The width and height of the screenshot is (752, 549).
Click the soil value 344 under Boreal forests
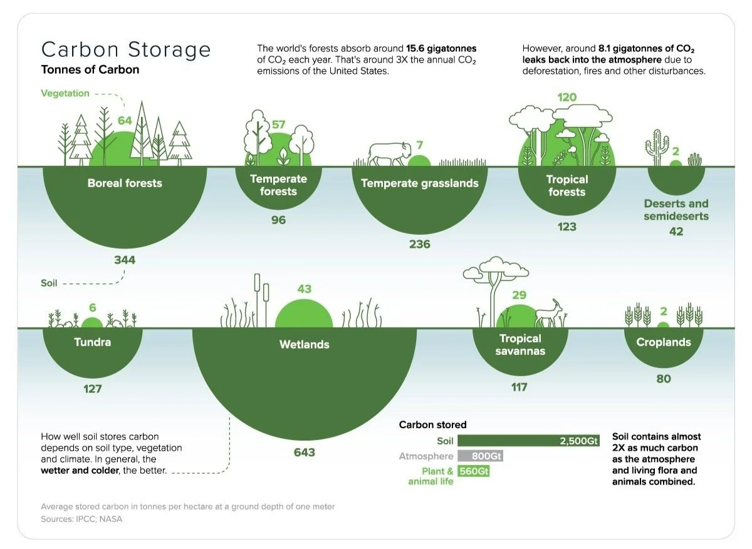(125, 260)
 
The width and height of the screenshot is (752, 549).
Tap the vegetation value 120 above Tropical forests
(567, 98)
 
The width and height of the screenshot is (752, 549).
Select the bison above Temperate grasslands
(390, 153)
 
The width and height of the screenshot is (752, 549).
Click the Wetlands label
(304, 344)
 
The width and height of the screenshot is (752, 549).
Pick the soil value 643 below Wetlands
(304, 452)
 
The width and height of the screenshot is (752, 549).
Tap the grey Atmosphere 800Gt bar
(480, 456)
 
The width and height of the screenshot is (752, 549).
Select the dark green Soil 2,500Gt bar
(528, 441)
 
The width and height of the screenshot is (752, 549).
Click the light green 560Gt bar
(474, 471)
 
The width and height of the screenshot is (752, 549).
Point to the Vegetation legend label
(65, 93)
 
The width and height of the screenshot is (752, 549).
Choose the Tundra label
(92, 342)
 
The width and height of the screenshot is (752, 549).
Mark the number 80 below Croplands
(664, 379)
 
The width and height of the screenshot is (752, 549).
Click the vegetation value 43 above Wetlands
(304, 289)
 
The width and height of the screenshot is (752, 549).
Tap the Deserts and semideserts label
(676, 210)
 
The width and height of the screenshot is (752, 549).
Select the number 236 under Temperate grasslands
(419, 244)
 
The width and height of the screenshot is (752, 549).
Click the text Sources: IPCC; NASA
(81, 520)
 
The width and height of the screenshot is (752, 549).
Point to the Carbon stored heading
(432, 425)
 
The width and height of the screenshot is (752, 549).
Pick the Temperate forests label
(278, 185)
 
